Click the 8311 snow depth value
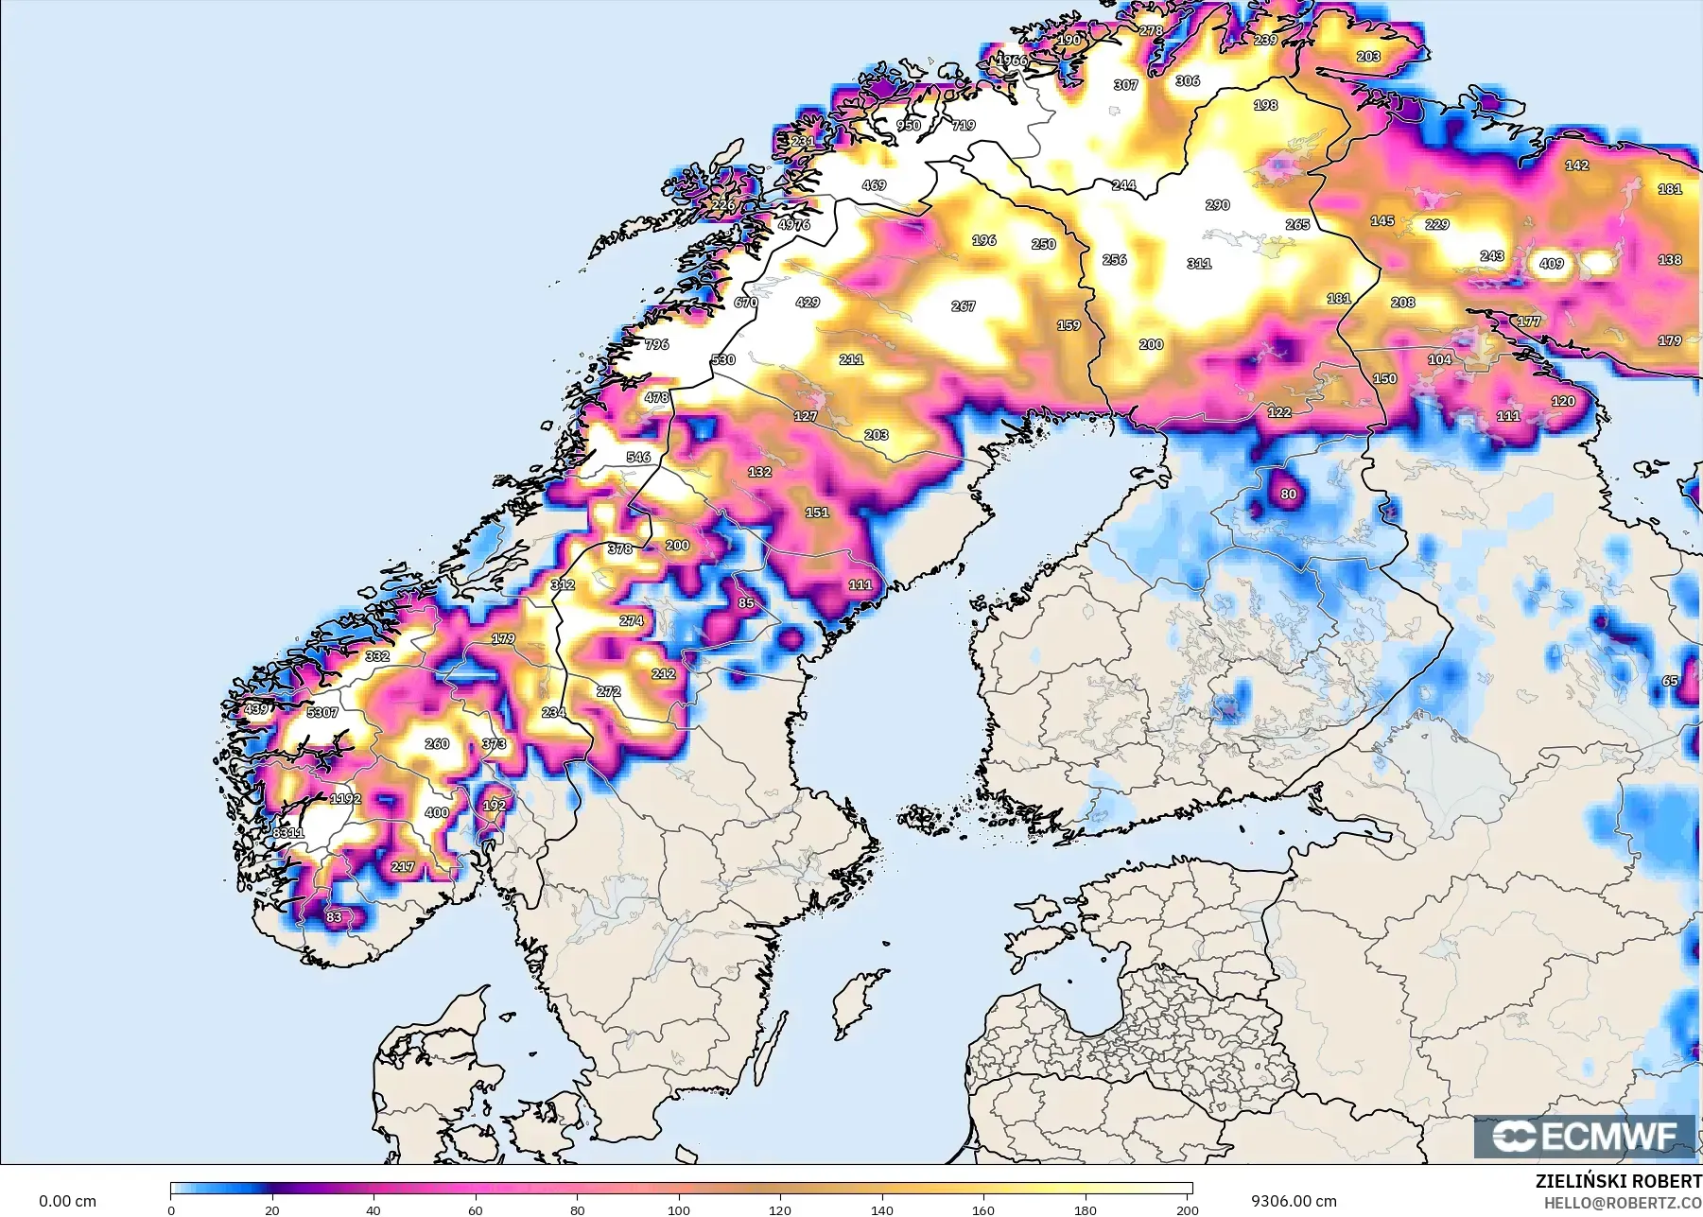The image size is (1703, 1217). click(288, 833)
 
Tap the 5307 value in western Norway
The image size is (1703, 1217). click(322, 712)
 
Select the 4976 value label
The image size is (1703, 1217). click(794, 225)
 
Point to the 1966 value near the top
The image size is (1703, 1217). click(1012, 61)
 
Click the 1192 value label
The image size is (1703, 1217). click(345, 799)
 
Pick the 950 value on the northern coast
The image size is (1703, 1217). click(908, 125)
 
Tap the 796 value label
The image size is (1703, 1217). click(657, 344)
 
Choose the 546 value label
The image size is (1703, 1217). click(638, 457)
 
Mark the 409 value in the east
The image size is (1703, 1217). click(1552, 264)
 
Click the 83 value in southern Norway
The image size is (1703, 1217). click(334, 917)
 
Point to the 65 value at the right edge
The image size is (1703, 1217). click(1670, 681)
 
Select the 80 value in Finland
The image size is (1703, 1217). click(1289, 495)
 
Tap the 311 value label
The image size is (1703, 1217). click(1199, 264)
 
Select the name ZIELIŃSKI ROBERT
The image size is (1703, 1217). click(1618, 1182)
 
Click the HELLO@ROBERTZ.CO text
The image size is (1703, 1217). click(1623, 1203)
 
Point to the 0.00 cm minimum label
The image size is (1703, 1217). click(67, 1202)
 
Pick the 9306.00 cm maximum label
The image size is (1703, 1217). click(1294, 1202)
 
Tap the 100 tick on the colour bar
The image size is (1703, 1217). click(679, 1210)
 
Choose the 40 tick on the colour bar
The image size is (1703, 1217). click(374, 1210)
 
